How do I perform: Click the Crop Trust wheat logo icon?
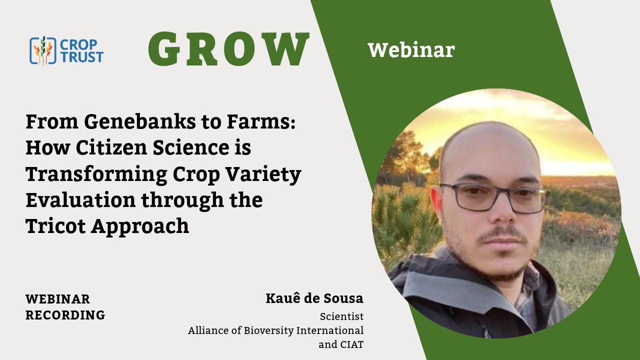tap(43, 50)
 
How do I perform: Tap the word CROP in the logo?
tap(78, 44)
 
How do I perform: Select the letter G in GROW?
tap(164, 48)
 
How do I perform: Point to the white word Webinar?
tap(411, 50)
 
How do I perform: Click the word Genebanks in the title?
tap(139, 122)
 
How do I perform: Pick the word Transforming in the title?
tap(96, 174)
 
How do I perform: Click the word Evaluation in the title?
tap(80, 199)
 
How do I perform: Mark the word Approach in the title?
tap(140, 227)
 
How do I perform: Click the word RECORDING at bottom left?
tap(65, 315)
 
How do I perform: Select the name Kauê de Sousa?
tap(314, 298)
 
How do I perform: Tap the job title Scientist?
tap(341, 316)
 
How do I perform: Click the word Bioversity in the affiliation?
tap(268, 330)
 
